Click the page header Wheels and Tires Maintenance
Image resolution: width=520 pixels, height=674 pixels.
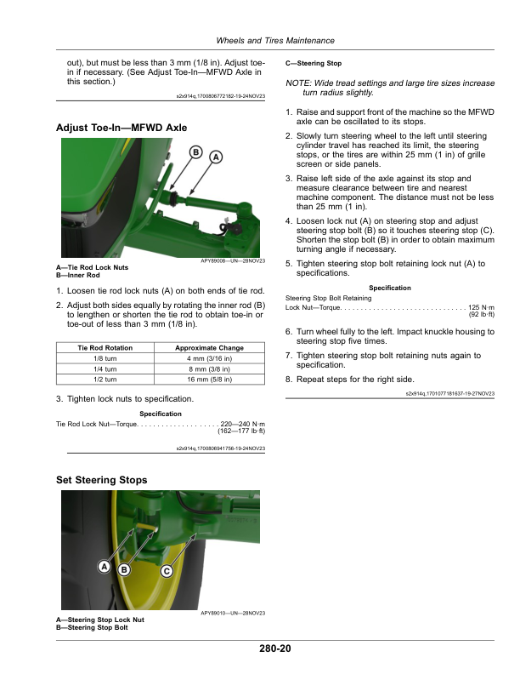[x=274, y=41]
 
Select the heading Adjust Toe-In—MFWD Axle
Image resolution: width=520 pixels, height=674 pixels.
[x=121, y=128]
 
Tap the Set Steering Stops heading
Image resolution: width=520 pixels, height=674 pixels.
[x=101, y=480]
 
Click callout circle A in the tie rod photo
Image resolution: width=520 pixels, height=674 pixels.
[x=215, y=157]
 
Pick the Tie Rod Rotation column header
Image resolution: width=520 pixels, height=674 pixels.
[x=105, y=348]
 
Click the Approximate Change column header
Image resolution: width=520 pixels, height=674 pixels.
[x=209, y=348]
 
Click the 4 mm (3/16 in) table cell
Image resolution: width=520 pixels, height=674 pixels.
[x=209, y=360]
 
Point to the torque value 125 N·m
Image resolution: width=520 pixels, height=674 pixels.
[x=482, y=306]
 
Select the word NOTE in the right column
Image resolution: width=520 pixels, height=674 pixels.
[x=298, y=83]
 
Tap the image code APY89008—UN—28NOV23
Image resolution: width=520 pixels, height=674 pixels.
[x=233, y=261]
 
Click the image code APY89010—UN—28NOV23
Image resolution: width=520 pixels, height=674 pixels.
[x=233, y=614]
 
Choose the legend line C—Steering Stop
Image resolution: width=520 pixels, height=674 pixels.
[x=314, y=64]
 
